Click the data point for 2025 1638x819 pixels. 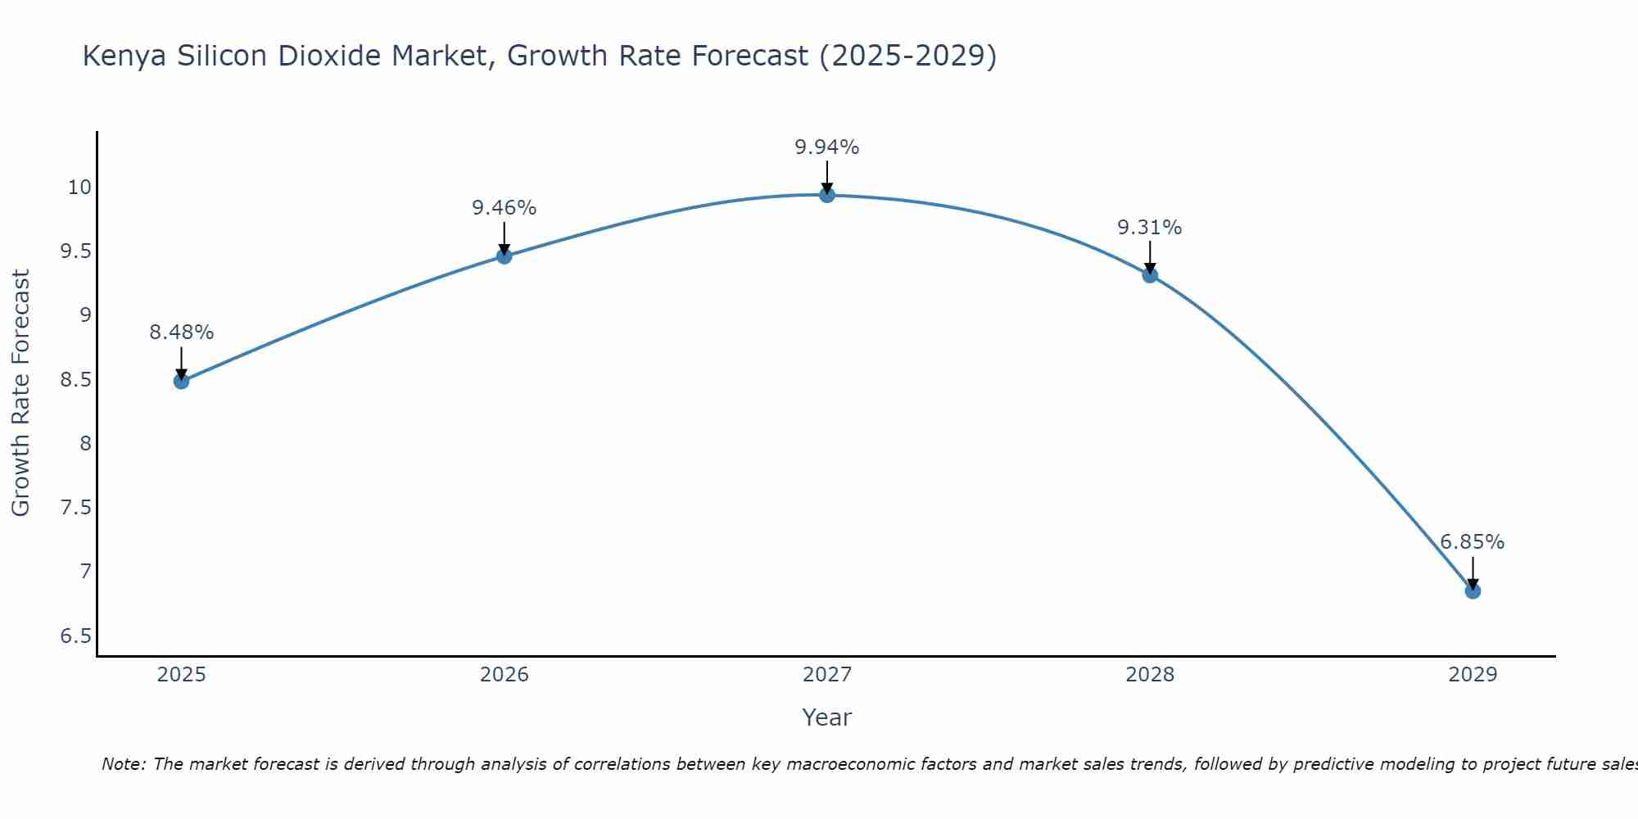pyautogui.click(x=181, y=381)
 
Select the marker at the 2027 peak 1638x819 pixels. pyautogui.click(x=827, y=195)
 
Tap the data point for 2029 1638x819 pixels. pyautogui.click(x=1473, y=591)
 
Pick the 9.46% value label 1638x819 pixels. pyautogui.click(x=504, y=208)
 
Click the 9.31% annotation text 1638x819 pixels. pyautogui.click(x=1150, y=228)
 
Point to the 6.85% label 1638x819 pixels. pyautogui.click(x=1473, y=542)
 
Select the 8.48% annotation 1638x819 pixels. pyautogui.click(x=181, y=333)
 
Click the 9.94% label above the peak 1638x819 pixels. pyautogui.click(x=827, y=147)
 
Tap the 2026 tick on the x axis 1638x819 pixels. pyautogui.click(x=504, y=675)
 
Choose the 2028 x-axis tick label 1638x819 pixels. pyautogui.click(x=1150, y=675)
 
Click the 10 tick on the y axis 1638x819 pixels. pyautogui.click(x=79, y=188)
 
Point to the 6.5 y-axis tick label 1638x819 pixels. pyautogui.click(x=76, y=636)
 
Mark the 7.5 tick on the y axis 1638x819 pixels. pyautogui.click(x=76, y=508)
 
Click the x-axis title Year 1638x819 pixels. pyautogui.click(x=827, y=717)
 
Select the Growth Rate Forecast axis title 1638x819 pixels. pyautogui.click(x=21, y=393)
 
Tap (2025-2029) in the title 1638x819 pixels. pyautogui.click(x=907, y=57)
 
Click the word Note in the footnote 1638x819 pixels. pyautogui.click(x=123, y=764)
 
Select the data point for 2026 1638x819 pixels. pyautogui.click(x=504, y=256)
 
